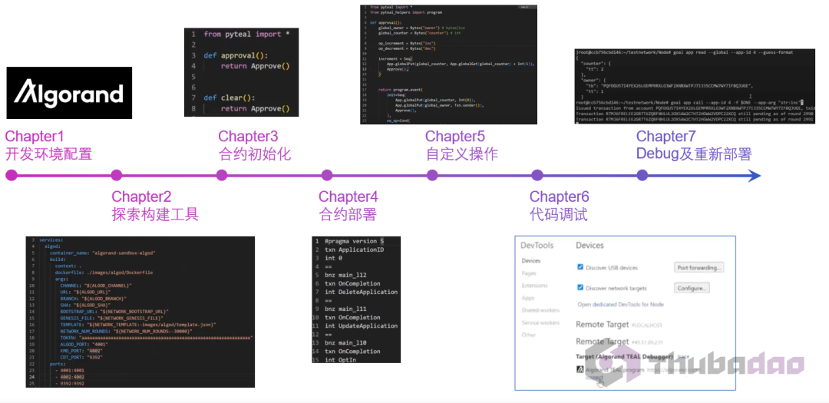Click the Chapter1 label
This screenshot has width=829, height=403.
pos(35,137)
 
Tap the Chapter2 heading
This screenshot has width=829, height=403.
pos(141,197)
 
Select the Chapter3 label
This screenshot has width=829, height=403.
pos(248,137)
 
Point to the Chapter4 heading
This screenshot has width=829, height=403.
pos(348,197)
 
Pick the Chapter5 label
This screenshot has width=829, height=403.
pos(455,137)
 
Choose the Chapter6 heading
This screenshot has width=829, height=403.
pos(560,197)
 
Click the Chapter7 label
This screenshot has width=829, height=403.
pos(666,137)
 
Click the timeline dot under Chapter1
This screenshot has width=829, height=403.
pos(12,175)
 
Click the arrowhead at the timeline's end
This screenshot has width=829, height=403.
pos(755,175)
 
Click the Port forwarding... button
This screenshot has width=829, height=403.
pos(699,267)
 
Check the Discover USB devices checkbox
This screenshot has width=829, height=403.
pos(580,267)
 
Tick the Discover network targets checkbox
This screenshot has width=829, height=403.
pos(580,288)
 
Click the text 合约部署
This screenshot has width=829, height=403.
pos(348,214)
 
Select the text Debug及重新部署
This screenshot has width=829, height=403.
pos(694,154)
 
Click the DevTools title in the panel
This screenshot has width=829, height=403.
pos(537,245)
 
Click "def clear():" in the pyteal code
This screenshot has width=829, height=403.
pos(231,97)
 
